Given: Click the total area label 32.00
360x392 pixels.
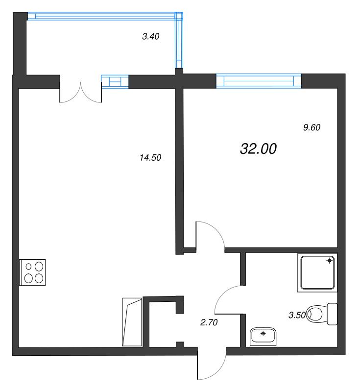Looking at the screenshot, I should [259, 149].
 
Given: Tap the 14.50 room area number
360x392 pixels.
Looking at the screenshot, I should [150, 158].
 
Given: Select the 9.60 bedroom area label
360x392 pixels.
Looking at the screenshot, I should [312, 128].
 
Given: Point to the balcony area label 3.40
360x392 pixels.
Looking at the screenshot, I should [150, 36].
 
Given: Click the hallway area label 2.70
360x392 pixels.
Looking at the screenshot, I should [209, 322].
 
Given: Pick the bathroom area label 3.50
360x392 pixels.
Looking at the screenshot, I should [297, 315].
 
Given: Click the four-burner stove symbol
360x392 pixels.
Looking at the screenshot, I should [32, 272].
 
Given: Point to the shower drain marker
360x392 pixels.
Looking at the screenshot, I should [330, 261].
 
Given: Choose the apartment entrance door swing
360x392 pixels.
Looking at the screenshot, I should [211, 365].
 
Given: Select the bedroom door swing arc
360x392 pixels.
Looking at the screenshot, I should [210, 236].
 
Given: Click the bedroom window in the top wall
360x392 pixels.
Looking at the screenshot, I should [259, 80].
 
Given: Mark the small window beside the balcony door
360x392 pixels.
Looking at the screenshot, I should [115, 81].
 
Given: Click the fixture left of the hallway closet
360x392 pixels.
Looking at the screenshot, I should [131, 321].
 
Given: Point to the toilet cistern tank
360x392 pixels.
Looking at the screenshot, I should [332, 314].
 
